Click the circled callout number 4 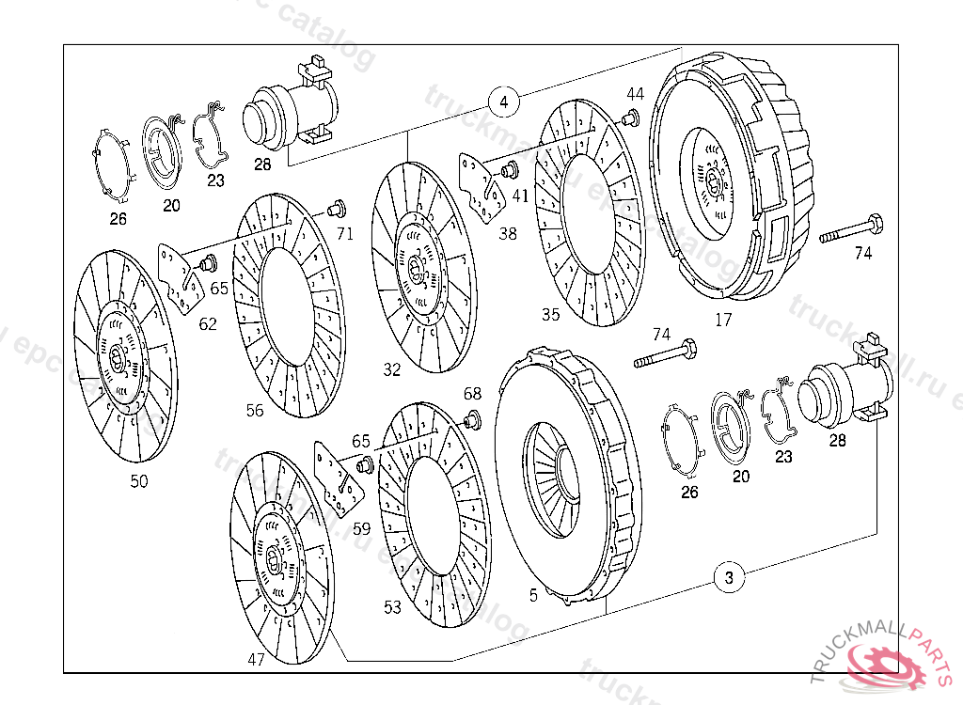point(504,101)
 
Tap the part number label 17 point(722,321)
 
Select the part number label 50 point(138,481)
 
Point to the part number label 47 point(256,659)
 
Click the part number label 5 point(533,595)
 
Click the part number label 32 point(391,370)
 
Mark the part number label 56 point(255,411)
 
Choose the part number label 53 point(392,608)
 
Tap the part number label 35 point(551,314)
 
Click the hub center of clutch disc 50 point(118,355)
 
